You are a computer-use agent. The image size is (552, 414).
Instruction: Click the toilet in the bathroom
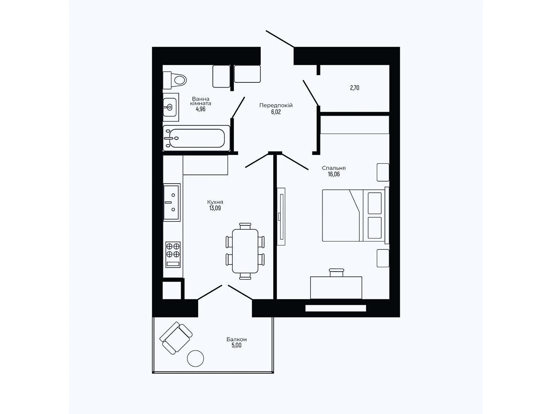click(x=175, y=80)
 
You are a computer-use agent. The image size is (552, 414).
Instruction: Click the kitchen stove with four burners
click(x=173, y=254)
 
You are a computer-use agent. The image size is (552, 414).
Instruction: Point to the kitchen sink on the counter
click(x=171, y=202)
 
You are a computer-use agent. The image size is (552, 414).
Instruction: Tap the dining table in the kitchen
click(x=245, y=250)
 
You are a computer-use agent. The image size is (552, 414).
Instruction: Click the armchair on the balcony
click(x=176, y=338)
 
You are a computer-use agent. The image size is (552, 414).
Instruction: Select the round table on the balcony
click(x=195, y=358)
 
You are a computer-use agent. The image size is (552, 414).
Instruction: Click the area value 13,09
click(x=215, y=208)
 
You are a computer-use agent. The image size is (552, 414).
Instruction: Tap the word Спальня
click(x=334, y=168)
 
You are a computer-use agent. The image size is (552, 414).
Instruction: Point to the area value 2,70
click(x=354, y=88)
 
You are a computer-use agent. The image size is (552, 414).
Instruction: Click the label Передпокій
click(x=276, y=105)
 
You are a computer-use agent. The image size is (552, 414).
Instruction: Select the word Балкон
click(x=236, y=339)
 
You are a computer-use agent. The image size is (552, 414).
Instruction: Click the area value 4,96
click(x=200, y=109)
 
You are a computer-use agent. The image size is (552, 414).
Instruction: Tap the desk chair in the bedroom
click(x=336, y=273)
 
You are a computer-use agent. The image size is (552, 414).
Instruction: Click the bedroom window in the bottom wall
click(x=335, y=308)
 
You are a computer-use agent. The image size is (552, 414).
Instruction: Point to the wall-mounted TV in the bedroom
click(x=281, y=217)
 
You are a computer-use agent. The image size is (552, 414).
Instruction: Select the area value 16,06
click(x=334, y=174)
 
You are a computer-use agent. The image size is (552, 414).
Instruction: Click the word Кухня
click(x=215, y=202)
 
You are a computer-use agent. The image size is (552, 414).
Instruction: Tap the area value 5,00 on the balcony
click(x=236, y=345)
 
